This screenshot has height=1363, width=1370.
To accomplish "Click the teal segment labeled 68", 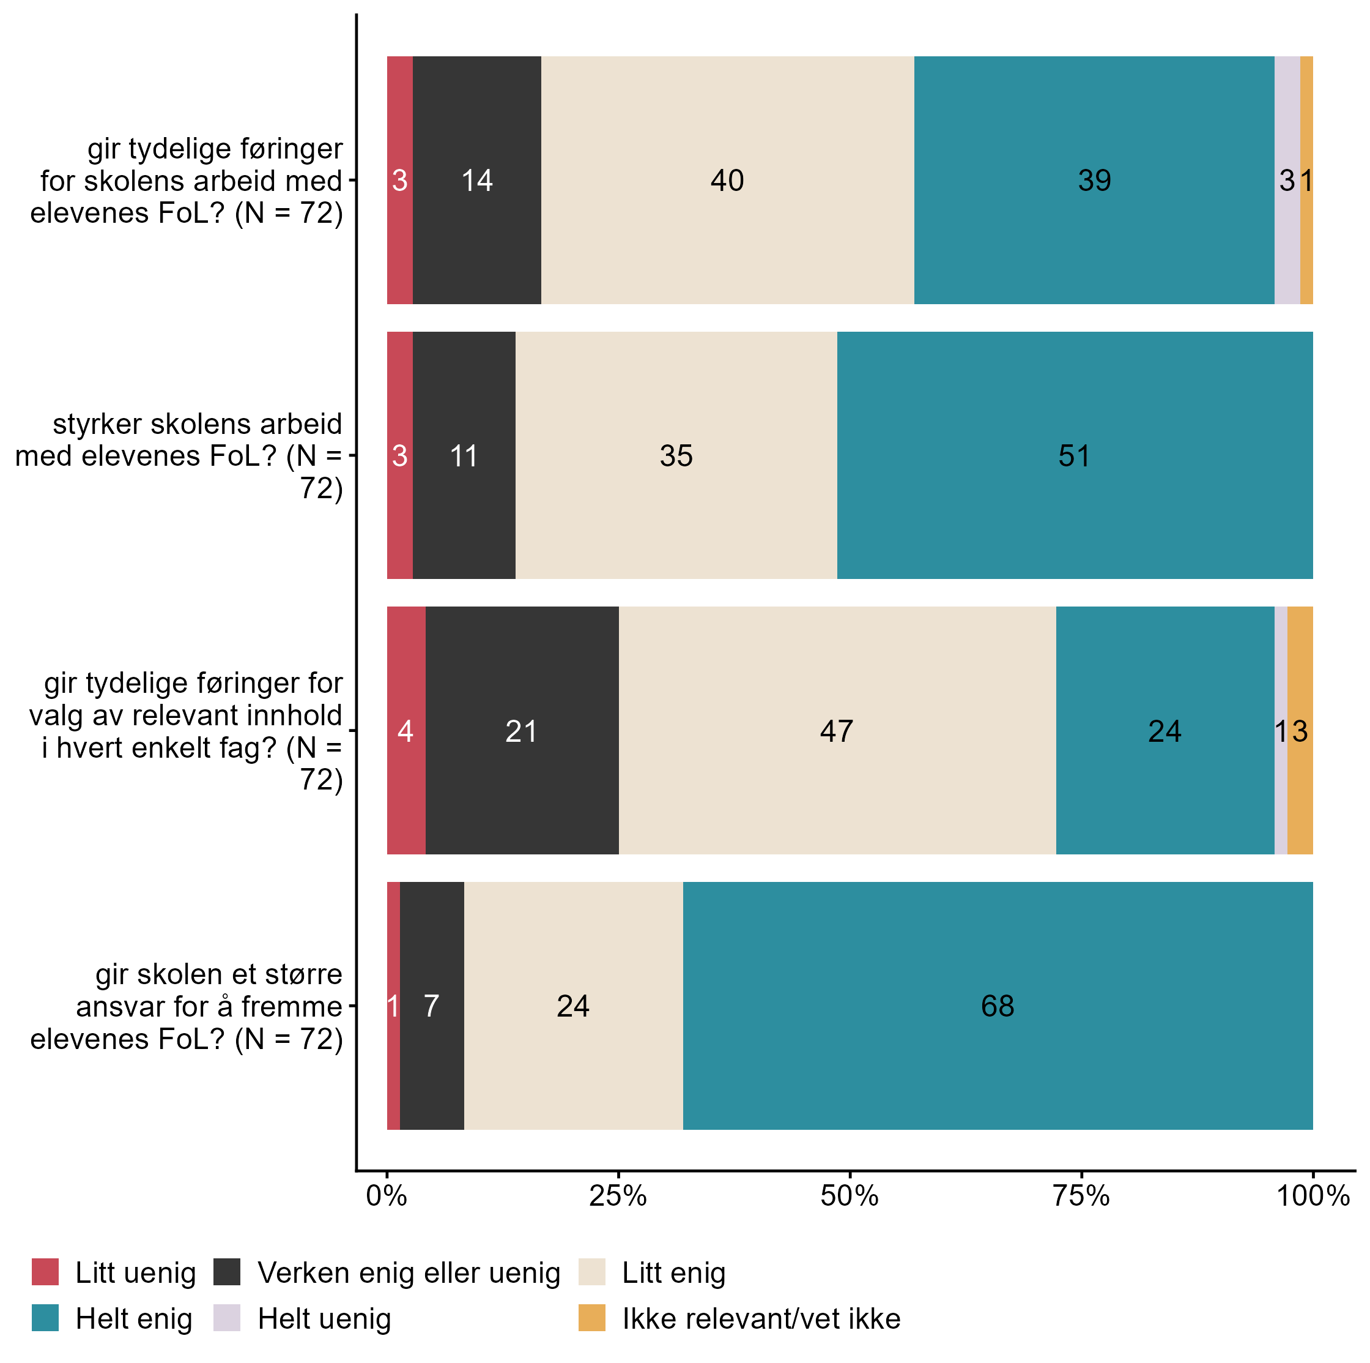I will point(997,1006).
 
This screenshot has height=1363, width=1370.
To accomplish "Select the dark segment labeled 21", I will point(522,730).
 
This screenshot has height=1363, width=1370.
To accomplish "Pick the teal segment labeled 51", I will point(1075,455).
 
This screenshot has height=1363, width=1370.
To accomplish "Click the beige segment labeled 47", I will point(837,730).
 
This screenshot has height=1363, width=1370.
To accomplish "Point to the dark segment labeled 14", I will point(476,180).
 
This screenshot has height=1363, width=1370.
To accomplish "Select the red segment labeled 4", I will point(405,730).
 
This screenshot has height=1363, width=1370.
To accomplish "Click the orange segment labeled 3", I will point(1300,730).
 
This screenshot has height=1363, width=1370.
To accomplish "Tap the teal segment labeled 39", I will point(1094,180).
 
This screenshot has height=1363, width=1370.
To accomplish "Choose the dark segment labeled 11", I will point(464,455).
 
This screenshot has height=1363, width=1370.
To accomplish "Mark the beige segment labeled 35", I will point(676,455).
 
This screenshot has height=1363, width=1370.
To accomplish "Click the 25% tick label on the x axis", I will point(618,1197).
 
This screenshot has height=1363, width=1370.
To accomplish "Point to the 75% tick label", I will point(1081,1197).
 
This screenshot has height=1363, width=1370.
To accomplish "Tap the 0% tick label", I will point(387,1197).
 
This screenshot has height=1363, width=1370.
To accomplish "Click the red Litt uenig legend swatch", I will point(45,1272).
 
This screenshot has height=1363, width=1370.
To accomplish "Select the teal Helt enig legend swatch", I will point(45,1318).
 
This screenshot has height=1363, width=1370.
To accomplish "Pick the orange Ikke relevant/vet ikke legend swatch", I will point(592,1318).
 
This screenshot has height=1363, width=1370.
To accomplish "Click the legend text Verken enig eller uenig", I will point(409,1273).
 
